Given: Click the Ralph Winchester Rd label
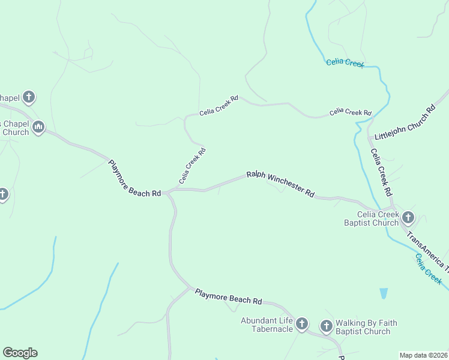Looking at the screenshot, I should click(x=280, y=184).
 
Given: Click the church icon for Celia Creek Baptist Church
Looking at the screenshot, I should click(x=408, y=217).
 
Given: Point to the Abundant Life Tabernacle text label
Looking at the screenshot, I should click(x=267, y=325).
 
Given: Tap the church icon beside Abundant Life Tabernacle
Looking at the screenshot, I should click(x=301, y=325).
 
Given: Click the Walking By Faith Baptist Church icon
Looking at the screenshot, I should click(x=326, y=326).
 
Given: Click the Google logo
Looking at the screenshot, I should click(x=20, y=353).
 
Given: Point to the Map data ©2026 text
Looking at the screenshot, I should click(x=423, y=355).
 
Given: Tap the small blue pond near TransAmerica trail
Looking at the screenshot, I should click(x=384, y=293).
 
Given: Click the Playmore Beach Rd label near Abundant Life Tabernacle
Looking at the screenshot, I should click(x=229, y=296).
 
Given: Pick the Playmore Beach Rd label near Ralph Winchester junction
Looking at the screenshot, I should click(x=134, y=178).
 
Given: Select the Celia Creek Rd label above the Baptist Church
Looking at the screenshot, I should click(x=382, y=174).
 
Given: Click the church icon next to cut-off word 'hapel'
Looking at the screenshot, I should click(x=28, y=97).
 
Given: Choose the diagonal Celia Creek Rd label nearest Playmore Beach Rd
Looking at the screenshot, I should click(x=192, y=166).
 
